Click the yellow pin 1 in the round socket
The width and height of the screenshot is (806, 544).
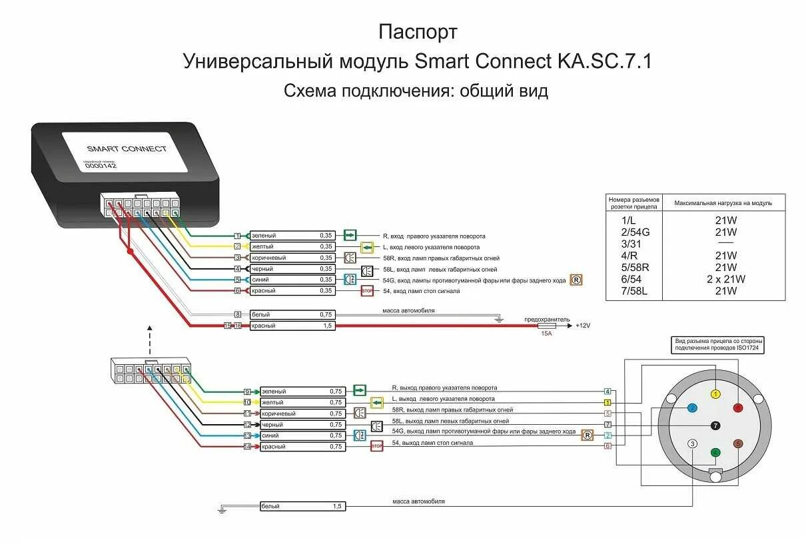click(715, 394)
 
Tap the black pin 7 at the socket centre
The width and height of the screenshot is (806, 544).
click(715, 425)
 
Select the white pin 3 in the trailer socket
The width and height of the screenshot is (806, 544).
click(693, 443)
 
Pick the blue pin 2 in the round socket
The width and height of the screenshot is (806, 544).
click(692, 408)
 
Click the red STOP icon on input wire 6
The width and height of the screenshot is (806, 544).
click(367, 291)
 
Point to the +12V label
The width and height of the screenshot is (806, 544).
click(583, 326)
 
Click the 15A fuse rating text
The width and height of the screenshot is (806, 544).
click(546, 333)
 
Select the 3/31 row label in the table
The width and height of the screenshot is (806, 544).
click(633, 244)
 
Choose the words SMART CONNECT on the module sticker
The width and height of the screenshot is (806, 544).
click(127, 148)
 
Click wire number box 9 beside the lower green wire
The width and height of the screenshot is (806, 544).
click(246, 392)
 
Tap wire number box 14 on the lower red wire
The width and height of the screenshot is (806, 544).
click(247, 447)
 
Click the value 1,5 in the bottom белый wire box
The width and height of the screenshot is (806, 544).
click(336, 507)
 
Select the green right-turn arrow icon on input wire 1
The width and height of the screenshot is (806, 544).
click(350, 236)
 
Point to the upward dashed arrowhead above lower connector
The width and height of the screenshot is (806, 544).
click(149, 328)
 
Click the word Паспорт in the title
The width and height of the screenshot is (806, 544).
click(418, 32)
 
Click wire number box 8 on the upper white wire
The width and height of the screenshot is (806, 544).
click(237, 314)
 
